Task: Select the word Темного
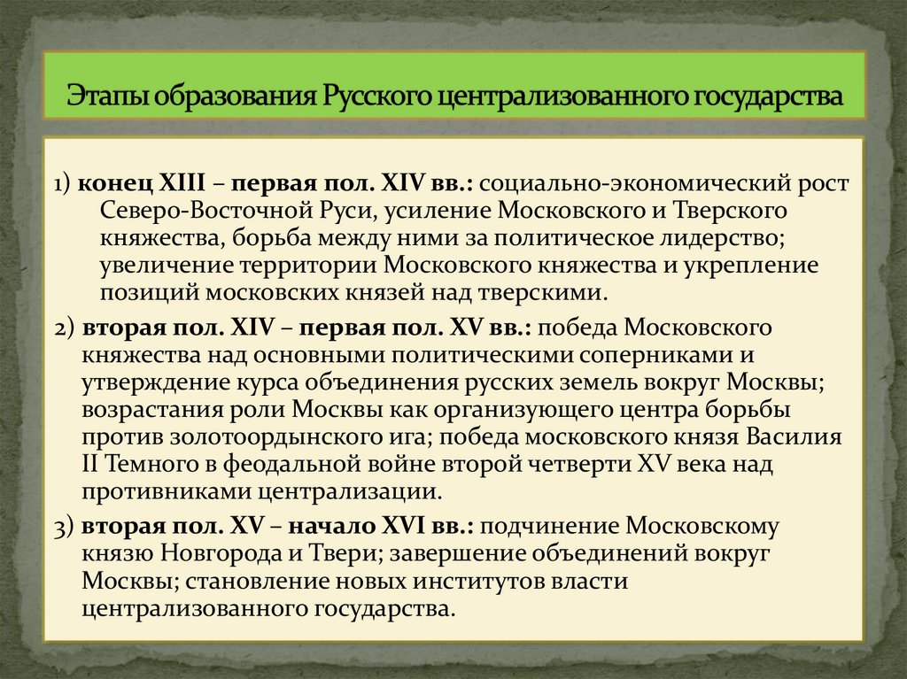156,465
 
